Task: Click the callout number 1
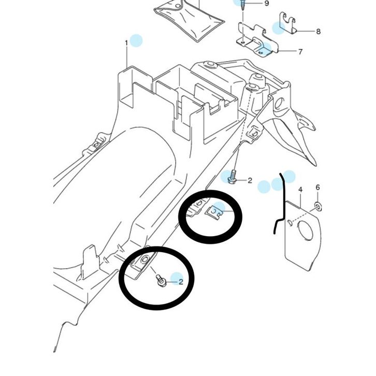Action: [126, 42]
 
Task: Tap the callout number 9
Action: [266, 4]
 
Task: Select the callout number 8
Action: [318, 31]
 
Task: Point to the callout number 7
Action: [300, 52]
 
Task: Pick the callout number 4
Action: [300, 190]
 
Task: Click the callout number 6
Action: [318, 187]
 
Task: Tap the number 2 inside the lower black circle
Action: [181, 282]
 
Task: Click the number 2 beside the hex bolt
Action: [249, 181]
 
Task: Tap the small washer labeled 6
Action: [318, 207]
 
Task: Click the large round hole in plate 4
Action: [306, 231]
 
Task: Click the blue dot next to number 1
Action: [136, 40]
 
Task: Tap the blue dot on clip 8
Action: [279, 28]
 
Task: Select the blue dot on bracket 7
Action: [265, 49]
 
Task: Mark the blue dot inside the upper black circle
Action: [219, 209]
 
